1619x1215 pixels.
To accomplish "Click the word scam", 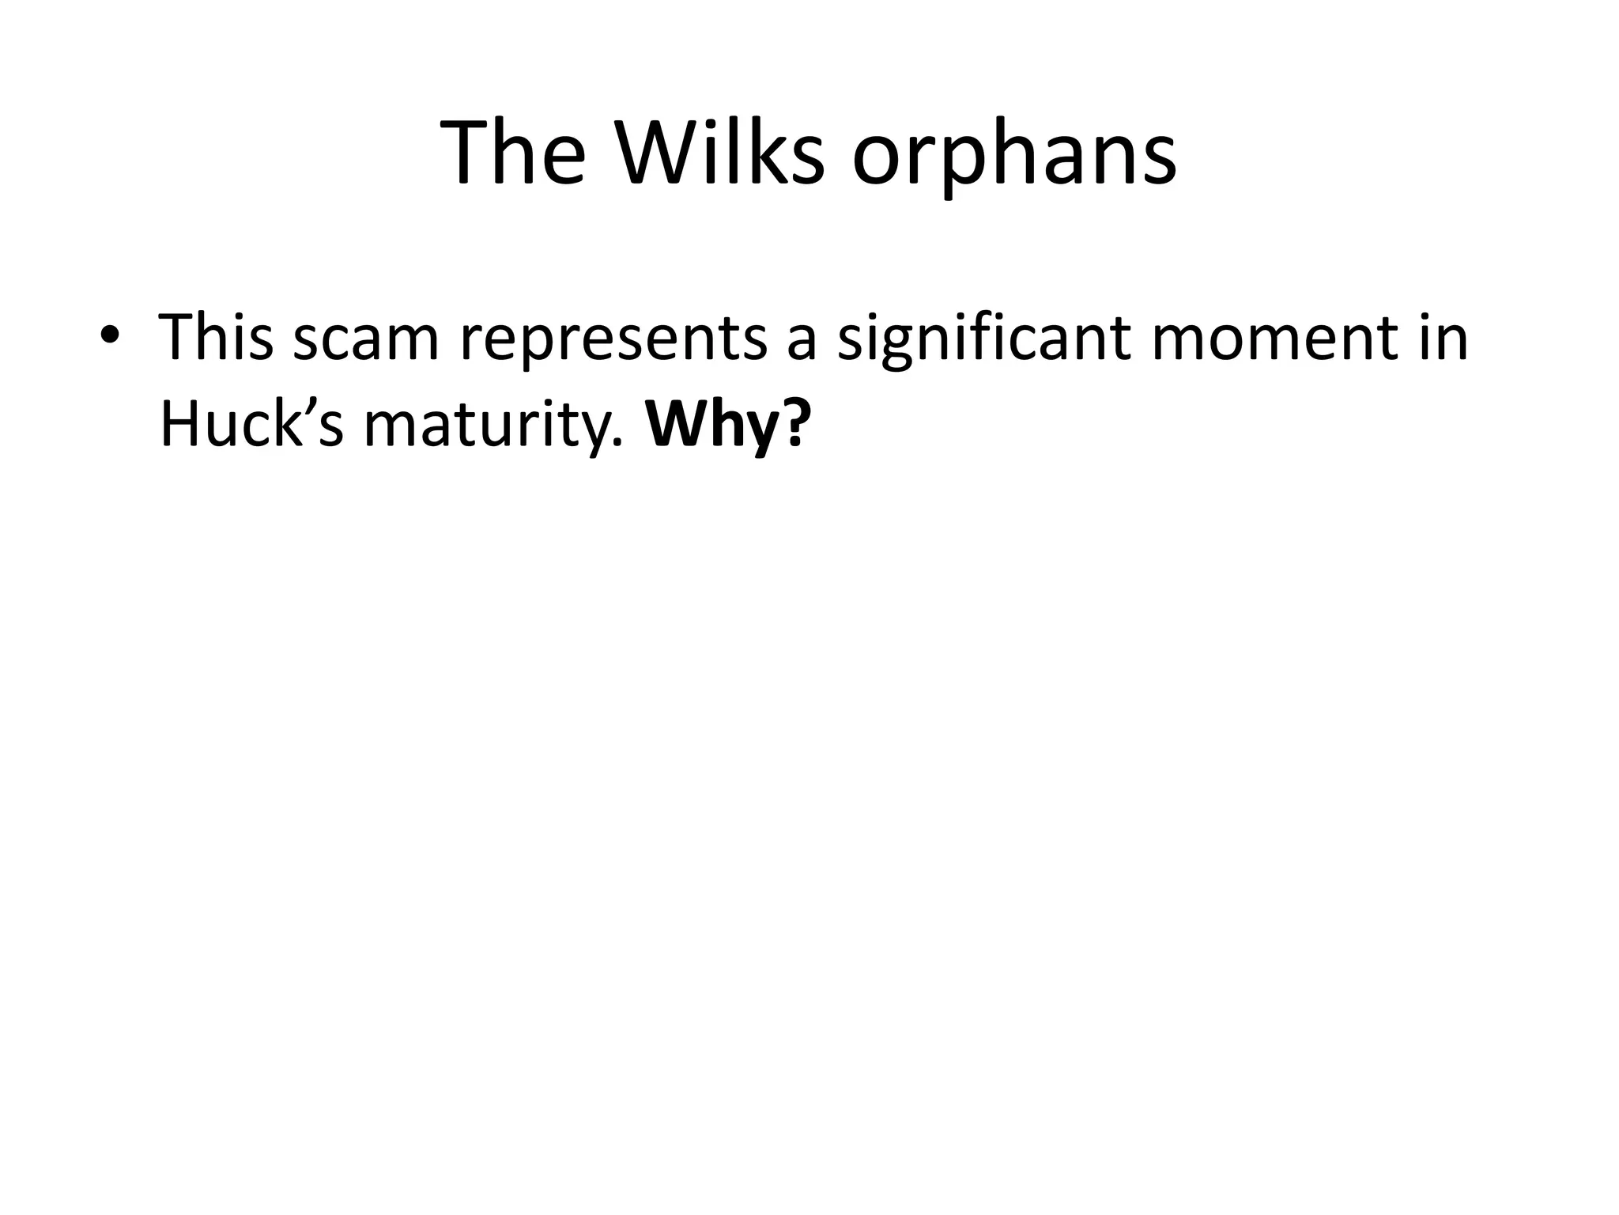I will [365, 339].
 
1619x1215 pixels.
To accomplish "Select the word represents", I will [613, 340].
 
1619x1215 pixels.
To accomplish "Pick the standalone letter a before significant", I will [801, 342].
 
